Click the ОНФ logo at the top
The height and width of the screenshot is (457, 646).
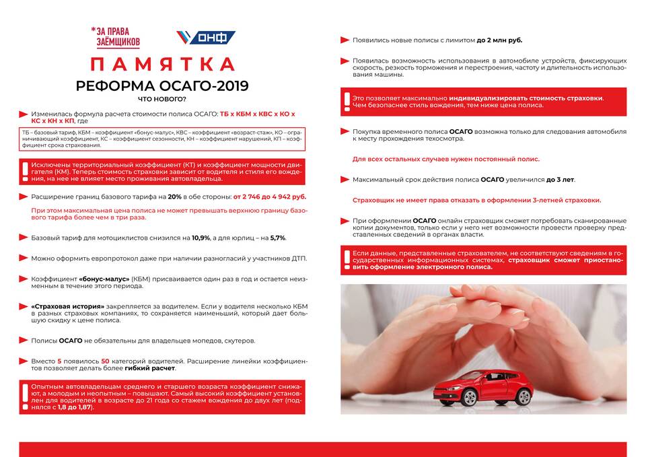206,38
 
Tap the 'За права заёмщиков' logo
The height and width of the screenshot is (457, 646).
116,37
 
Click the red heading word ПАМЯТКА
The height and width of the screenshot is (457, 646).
162,65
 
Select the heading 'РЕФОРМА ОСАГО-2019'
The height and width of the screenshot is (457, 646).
162,86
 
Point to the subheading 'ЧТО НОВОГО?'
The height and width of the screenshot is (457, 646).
162,100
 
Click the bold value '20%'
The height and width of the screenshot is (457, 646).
174,197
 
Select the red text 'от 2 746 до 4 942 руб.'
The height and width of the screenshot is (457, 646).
269,197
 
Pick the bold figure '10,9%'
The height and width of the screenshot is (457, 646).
201,238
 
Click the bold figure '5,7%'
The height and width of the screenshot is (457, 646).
278,238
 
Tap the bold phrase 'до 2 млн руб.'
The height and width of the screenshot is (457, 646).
499,40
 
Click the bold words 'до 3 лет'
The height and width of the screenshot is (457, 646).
561,180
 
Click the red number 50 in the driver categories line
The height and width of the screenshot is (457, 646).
105,361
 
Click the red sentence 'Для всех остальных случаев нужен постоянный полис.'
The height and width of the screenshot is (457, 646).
446,160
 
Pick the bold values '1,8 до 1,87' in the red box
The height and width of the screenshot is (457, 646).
75,407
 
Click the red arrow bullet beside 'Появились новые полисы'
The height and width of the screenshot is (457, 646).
345,40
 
